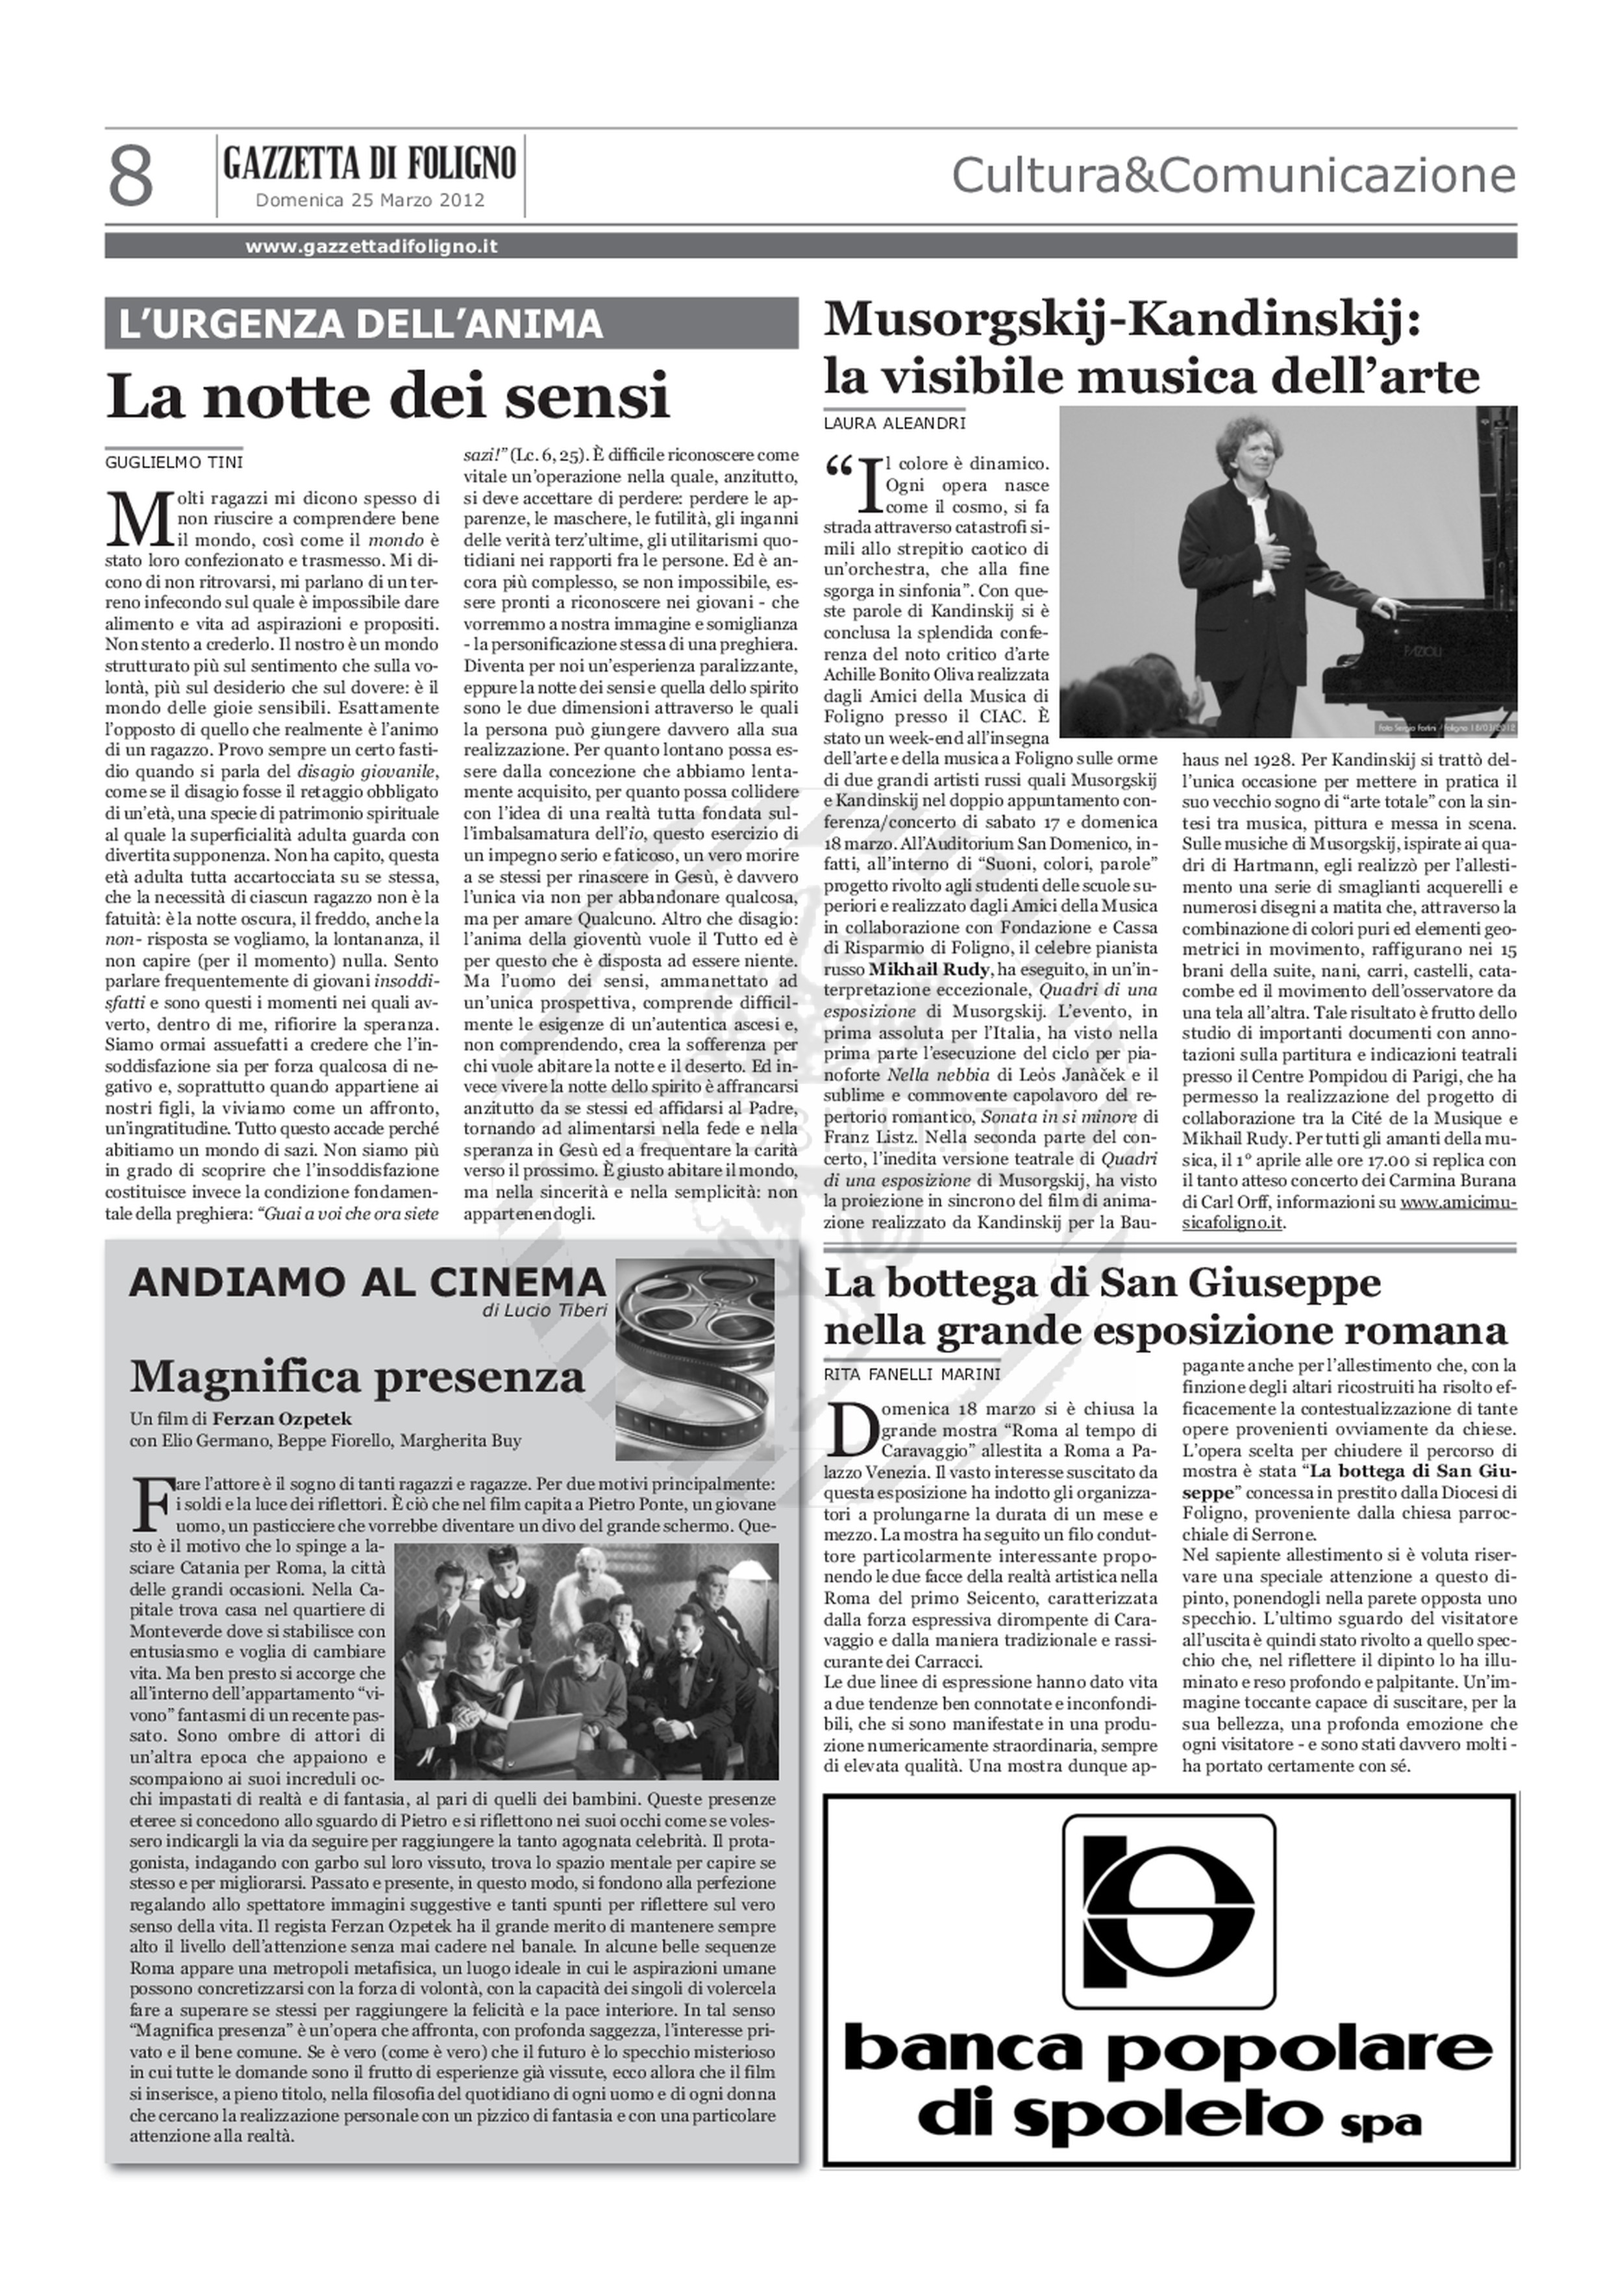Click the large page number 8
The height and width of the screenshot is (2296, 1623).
[x=131, y=176]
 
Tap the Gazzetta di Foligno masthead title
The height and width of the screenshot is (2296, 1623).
[x=370, y=162]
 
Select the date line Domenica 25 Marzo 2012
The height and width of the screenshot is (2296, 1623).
[x=370, y=200]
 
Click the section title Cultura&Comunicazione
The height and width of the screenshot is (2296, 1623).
[x=1233, y=176]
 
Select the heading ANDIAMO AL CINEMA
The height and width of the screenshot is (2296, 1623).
[x=367, y=1282]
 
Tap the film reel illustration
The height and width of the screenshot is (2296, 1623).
[x=694, y=1345]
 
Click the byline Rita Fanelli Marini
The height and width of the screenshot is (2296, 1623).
[x=911, y=1374]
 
